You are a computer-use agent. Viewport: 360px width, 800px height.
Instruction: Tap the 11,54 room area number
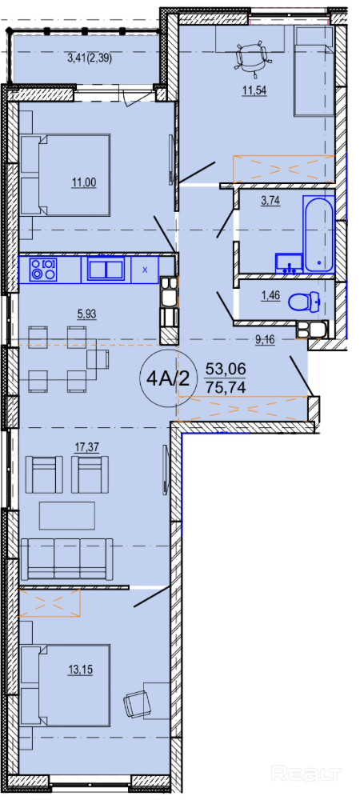coord(254,91)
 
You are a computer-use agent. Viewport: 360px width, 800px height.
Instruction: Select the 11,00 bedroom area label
coord(84,181)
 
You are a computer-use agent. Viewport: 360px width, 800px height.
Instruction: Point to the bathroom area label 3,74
coord(270,201)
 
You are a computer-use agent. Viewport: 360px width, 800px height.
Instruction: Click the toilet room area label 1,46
coord(271,295)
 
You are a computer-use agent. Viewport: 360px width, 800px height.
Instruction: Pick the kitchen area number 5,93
coord(86,314)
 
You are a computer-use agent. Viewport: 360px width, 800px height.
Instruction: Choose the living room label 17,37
coord(86,447)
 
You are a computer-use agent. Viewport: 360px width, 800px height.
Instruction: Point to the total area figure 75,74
coord(226,387)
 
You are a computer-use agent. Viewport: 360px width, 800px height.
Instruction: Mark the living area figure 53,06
coord(226,367)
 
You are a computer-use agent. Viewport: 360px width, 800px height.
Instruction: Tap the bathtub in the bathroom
coord(318,233)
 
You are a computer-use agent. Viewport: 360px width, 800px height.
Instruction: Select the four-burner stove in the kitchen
coord(44,269)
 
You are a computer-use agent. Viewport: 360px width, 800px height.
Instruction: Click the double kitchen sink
coord(106,269)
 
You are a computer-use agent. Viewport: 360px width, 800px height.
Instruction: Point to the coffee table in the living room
coord(66,515)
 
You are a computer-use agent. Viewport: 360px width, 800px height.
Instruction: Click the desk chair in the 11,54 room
coord(252,57)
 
